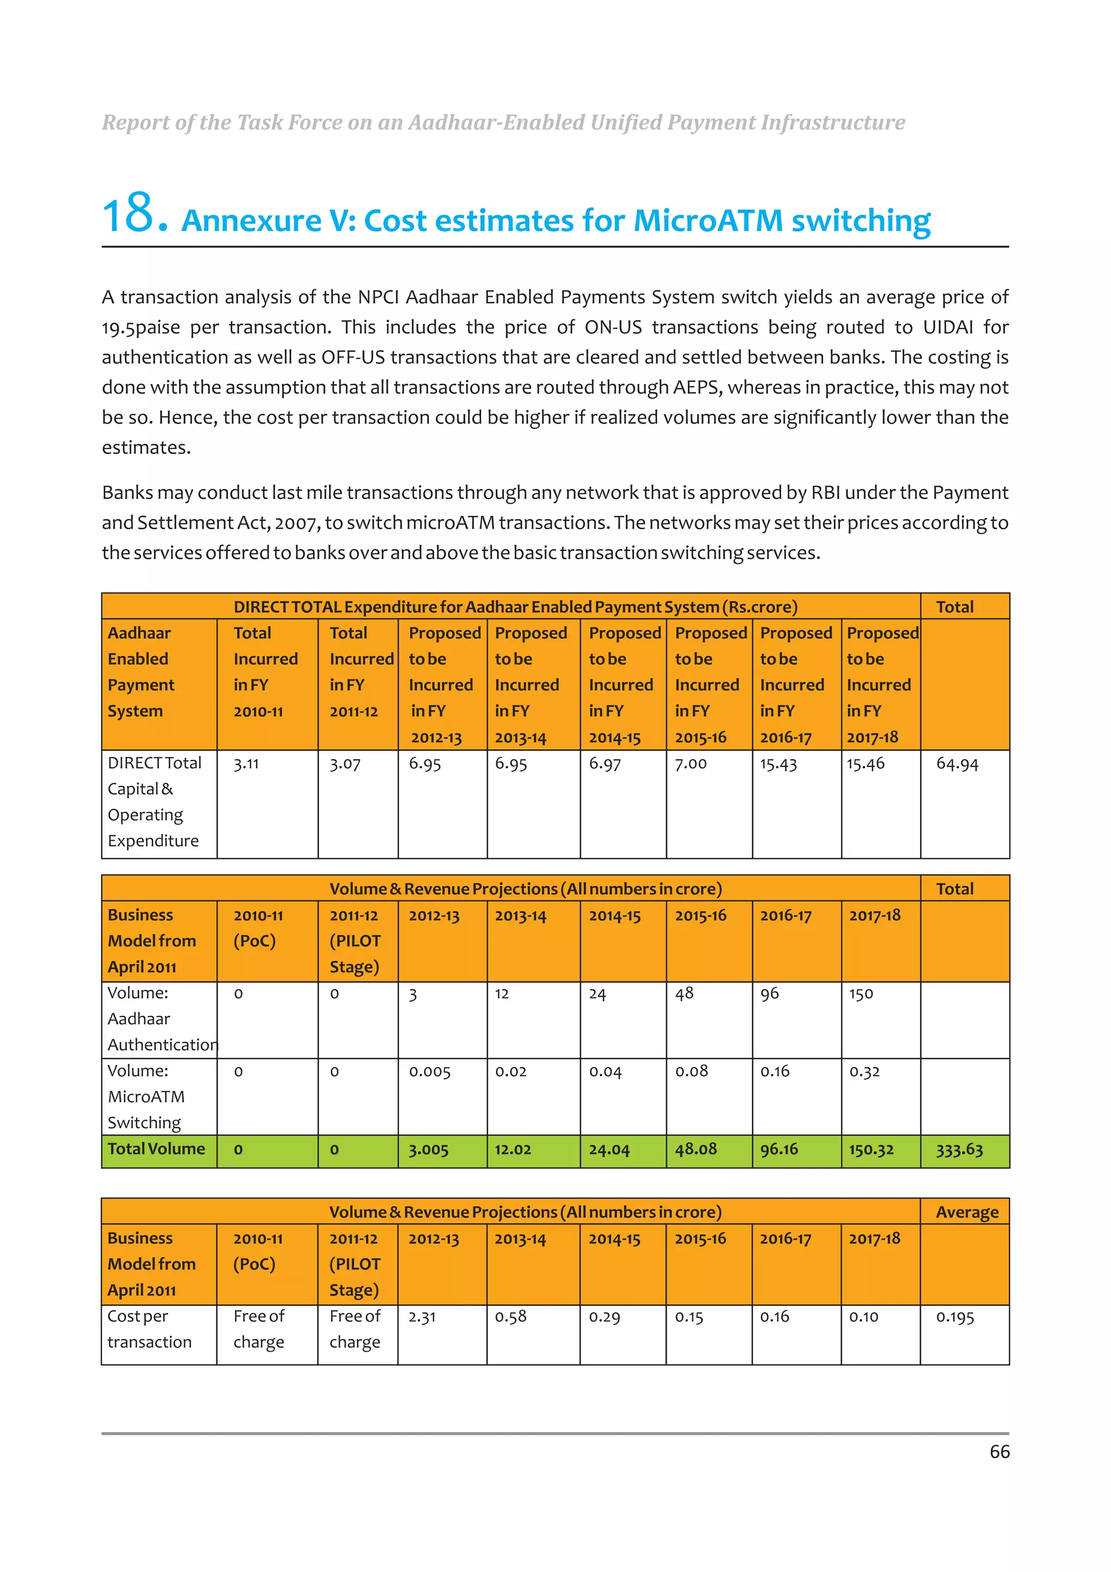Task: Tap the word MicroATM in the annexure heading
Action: (708, 220)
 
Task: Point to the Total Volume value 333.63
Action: (959, 1149)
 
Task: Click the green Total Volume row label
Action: (156, 1149)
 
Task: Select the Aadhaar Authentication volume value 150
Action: (860, 993)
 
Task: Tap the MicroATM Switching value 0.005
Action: (429, 1071)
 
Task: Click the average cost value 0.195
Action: (954, 1317)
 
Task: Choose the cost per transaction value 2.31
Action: (422, 1317)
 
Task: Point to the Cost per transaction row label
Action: (149, 1329)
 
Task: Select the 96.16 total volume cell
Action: (778, 1149)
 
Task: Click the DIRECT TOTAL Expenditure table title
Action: (515, 606)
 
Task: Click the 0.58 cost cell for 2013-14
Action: (510, 1317)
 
